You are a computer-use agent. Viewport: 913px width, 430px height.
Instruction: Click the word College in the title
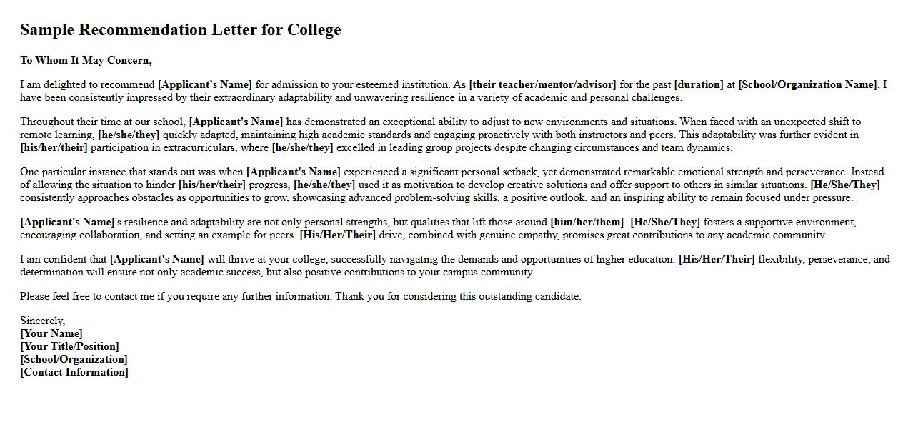[x=314, y=30]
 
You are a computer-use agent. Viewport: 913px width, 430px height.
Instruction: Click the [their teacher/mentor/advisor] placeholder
[x=542, y=84]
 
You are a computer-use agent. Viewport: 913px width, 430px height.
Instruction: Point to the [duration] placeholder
[x=699, y=84]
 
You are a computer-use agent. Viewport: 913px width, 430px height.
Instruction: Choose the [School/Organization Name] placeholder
[x=807, y=84]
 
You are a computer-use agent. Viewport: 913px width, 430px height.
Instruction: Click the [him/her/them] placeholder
[x=587, y=222]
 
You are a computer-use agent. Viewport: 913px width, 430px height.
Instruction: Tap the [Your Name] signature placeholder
[x=51, y=333]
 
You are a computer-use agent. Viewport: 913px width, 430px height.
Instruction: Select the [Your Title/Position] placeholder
[x=69, y=346]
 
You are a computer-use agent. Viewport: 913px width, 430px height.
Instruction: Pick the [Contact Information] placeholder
[x=74, y=372]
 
